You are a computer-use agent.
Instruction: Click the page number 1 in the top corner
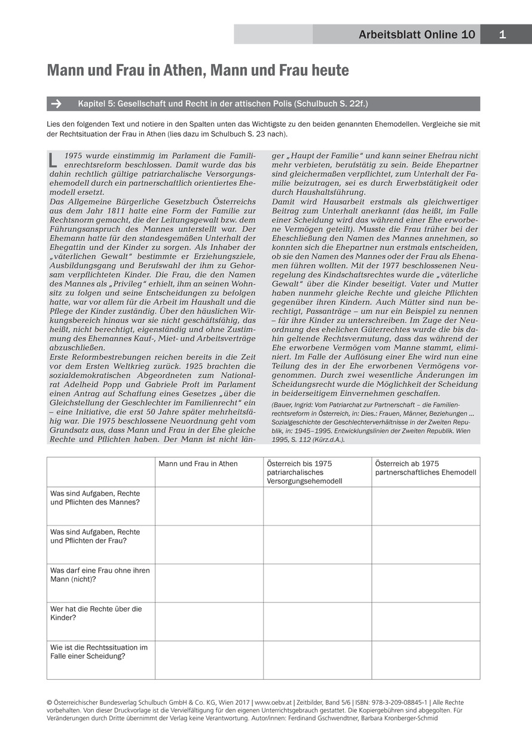point(502,35)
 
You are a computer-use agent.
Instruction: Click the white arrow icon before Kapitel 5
point(57,103)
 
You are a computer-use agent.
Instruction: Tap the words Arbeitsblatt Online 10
point(417,35)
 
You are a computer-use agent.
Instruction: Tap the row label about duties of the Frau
point(95,536)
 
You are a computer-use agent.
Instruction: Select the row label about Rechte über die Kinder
point(96,613)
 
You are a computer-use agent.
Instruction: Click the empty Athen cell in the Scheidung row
point(209,660)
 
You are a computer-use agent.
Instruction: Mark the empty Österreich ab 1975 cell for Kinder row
point(426,622)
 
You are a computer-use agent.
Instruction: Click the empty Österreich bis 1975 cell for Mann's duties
point(317,506)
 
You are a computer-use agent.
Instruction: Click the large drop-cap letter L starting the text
point(53,160)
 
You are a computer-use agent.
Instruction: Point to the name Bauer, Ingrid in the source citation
point(293,405)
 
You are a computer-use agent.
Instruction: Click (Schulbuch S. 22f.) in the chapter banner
point(331,103)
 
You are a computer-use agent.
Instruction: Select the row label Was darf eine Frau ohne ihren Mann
point(100,574)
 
